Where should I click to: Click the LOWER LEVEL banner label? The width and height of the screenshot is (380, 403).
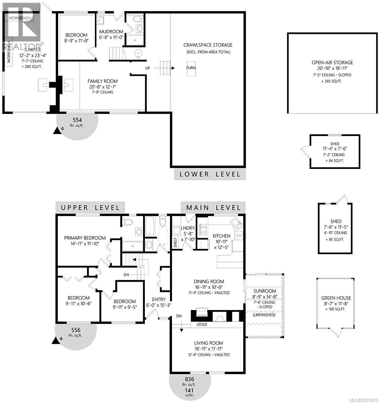[210, 174]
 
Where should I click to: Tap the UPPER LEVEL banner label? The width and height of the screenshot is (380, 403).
[90, 208]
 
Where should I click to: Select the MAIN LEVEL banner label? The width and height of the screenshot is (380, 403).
[213, 208]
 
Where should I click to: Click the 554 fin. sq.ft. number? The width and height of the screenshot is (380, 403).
[78, 120]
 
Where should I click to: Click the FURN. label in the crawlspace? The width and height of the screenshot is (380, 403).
[192, 68]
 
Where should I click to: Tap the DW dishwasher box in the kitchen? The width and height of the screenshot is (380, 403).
[239, 236]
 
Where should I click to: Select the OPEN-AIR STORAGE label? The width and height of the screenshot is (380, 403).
[332, 62]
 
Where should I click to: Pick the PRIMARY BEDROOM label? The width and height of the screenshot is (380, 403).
[85, 238]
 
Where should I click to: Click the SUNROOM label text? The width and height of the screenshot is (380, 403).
[265, 291]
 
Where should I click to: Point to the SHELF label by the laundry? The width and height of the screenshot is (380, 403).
[175, 242]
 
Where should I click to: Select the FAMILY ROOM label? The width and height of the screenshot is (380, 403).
[102, 81]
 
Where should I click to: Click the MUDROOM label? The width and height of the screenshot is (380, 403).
[111, 32]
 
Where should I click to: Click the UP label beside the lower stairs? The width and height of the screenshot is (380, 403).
[147, 68]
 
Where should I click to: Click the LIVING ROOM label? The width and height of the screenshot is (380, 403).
[208, 343]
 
